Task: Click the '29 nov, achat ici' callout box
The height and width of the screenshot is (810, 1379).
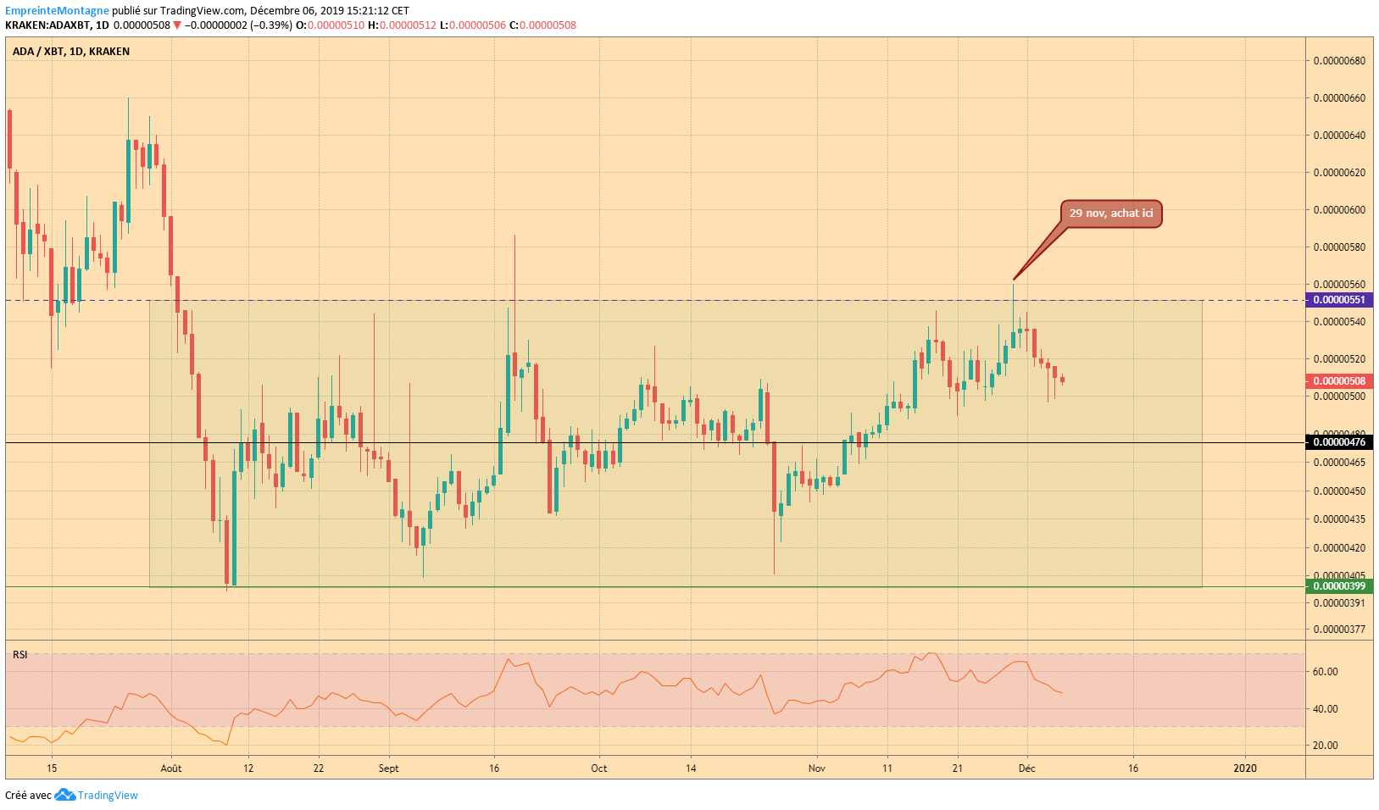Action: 1111,214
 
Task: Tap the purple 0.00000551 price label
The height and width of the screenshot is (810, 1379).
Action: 1339,301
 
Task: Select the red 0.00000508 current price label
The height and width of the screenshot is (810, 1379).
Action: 1339,381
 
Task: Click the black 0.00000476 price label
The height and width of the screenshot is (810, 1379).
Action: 1339,442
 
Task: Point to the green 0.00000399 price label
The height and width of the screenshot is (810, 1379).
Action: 1339,586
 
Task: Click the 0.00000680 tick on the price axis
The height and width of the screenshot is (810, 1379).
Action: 1339,61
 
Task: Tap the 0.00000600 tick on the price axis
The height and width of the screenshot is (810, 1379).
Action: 1339,210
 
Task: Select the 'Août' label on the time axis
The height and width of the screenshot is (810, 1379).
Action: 170,768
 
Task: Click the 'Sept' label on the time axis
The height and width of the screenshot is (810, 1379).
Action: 388,768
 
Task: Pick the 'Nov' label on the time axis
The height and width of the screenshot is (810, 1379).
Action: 817,768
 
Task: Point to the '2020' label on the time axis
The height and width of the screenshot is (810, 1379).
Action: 1245,768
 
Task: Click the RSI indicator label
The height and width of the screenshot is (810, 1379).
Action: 20,655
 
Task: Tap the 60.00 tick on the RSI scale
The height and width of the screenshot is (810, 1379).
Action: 1326,672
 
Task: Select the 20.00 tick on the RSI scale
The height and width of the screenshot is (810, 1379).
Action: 1326,746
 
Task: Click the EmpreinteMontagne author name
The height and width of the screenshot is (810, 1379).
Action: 57,10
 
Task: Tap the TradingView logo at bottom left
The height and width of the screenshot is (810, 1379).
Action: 96,796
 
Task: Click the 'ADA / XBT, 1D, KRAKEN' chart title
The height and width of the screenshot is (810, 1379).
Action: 71,52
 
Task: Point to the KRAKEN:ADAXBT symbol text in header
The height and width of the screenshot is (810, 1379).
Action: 48,25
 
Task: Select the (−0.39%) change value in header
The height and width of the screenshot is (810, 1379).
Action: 271,25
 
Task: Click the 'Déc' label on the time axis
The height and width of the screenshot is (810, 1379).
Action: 1027,768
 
